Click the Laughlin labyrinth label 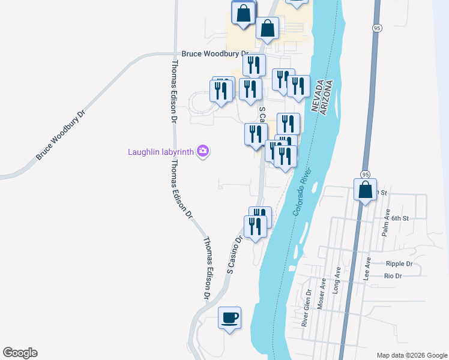coord(160,152)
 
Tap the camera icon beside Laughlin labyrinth coord(203,151)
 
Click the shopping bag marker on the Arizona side coord(365,191)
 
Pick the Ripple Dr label coord(399,263)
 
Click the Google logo coord(20,353)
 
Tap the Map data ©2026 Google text coord(411,355)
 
